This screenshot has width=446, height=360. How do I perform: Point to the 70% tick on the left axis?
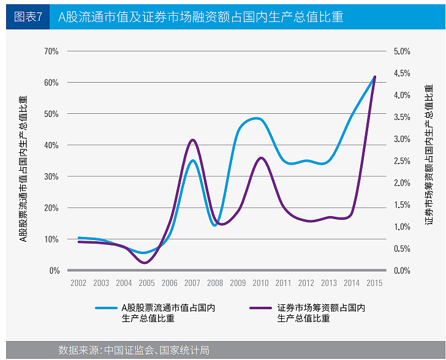(x=51, y=51)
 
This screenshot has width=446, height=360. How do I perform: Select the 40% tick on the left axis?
(x=51, y=145)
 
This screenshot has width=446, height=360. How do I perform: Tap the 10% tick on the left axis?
(x=51, y=239)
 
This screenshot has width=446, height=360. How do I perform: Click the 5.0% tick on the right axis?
(x=401, y=51)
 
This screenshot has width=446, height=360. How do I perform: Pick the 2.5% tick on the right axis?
(x=401, y=161)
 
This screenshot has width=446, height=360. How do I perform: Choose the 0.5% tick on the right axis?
(x=401, y=249)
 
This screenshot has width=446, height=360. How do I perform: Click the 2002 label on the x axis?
(x=78, y=283)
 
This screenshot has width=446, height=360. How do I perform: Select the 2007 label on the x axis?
(x=192, y=283)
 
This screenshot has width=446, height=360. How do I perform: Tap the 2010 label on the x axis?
(x=260, y=283)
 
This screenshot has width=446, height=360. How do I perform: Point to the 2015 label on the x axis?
(x=374, y=283)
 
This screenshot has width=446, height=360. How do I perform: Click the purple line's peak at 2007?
(x=192, y=140)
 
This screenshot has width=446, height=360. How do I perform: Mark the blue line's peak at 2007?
(x=192, y=160)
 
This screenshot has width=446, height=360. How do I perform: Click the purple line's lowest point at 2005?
(x=145, y=263)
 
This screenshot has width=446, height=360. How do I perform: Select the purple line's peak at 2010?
(x=261, y=157)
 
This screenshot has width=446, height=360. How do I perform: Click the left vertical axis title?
(x=23, y=168)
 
